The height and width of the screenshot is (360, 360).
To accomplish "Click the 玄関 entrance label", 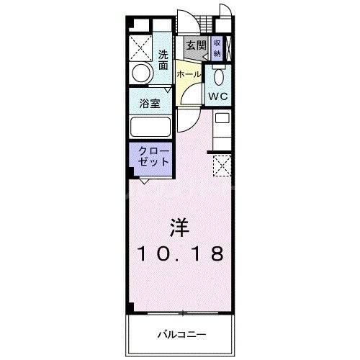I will [195, 45].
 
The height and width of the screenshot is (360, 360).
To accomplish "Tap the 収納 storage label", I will [216, 48].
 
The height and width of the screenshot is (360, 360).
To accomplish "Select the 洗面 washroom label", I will [163, 59].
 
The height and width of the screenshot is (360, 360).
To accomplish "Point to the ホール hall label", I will [188, 74].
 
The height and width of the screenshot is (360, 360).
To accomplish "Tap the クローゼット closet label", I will [151, 156].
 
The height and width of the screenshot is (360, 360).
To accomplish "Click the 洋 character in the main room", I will [179, 228].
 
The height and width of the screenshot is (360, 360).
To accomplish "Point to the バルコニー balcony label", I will [181, 334].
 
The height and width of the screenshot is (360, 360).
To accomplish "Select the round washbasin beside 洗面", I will [142, 73].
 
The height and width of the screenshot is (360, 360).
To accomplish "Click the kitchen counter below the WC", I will [222, 130].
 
